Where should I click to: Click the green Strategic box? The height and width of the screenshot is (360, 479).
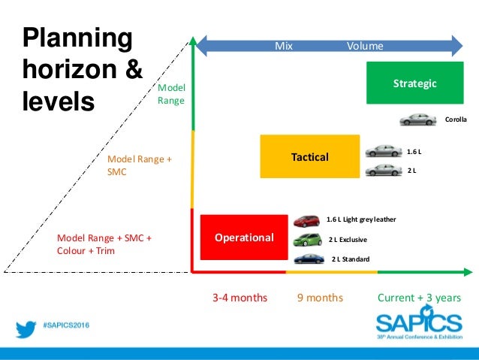click(414, 83)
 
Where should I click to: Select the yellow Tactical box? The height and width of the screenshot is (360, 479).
click(309, 156)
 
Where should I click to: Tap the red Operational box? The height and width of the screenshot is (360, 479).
click(243, 237)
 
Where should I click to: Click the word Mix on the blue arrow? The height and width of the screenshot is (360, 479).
click(283, 46)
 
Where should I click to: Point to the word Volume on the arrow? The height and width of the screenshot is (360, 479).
click(365, 46)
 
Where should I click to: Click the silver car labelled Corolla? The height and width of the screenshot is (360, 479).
click(417, 119)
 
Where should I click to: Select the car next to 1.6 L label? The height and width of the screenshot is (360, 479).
click(384, 151)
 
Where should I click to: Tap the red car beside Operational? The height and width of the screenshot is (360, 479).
click(309, 221)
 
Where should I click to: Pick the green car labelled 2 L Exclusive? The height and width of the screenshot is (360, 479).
click(309, 241)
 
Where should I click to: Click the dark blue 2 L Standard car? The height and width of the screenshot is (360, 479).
click(309, 259)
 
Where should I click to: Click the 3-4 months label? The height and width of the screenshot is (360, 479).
click(239, 298)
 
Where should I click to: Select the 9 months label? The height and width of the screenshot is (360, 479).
click(320, 298)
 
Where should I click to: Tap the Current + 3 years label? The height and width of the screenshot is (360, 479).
click(419, 298)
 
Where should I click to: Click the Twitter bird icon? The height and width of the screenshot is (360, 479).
click(27, 329)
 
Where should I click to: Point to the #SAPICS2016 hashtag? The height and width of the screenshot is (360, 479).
click(70, 329)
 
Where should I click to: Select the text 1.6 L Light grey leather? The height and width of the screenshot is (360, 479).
click(360, 219)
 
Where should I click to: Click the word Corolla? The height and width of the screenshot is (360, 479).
click(456, 119)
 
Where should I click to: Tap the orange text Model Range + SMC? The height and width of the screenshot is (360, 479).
click(140, 165)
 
